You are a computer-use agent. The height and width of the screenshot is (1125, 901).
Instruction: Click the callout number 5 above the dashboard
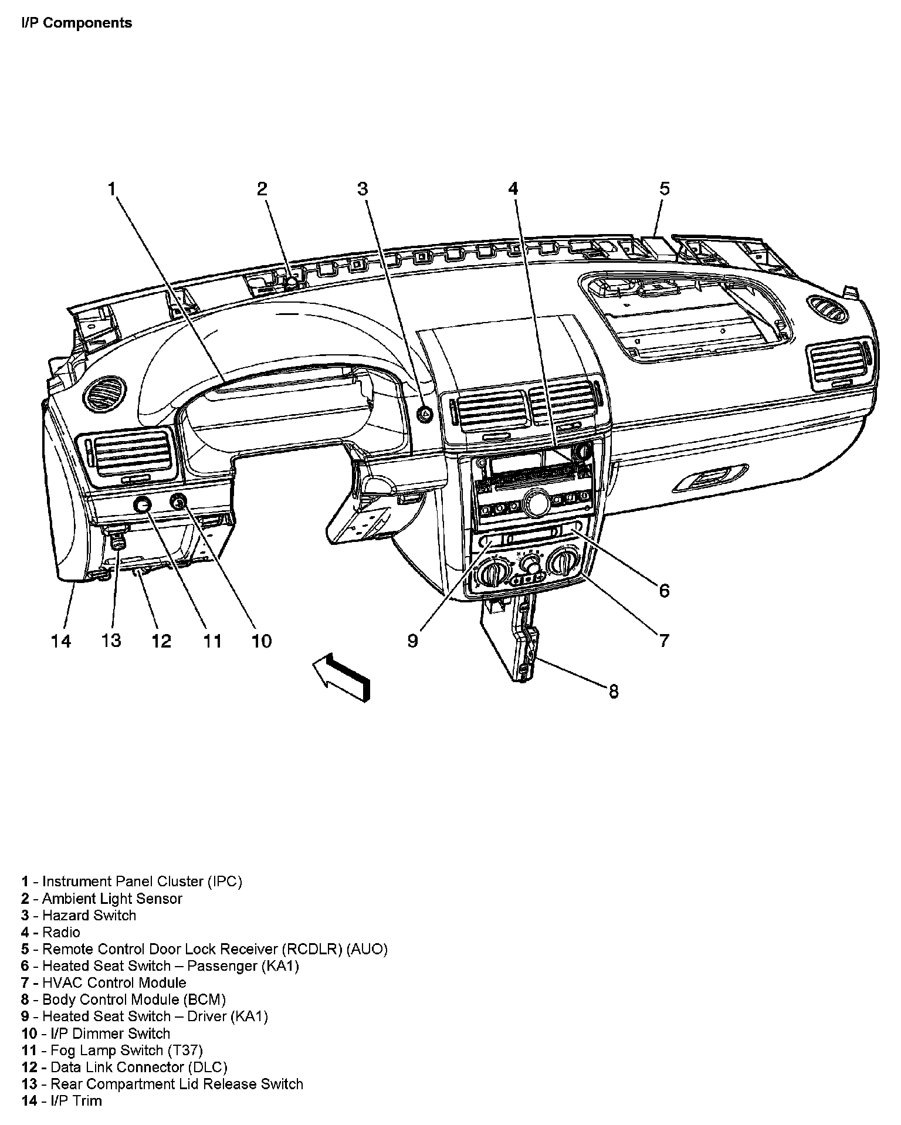664,189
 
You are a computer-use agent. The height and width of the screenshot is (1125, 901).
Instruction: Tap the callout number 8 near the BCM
614,692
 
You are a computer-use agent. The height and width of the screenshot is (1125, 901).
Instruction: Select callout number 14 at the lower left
61,641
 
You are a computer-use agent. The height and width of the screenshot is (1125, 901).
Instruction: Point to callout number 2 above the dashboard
262,189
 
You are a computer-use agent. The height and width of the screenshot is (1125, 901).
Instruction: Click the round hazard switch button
424,414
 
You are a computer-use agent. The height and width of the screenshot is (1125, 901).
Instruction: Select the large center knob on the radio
536,502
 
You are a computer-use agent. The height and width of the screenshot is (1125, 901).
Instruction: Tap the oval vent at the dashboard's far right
827,309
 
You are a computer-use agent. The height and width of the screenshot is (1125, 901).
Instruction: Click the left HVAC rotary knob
493,570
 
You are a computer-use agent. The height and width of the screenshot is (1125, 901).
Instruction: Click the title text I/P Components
77,23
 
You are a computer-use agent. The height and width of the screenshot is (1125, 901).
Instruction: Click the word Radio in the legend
61,932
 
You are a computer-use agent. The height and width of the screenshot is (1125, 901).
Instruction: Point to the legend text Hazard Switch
89,915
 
